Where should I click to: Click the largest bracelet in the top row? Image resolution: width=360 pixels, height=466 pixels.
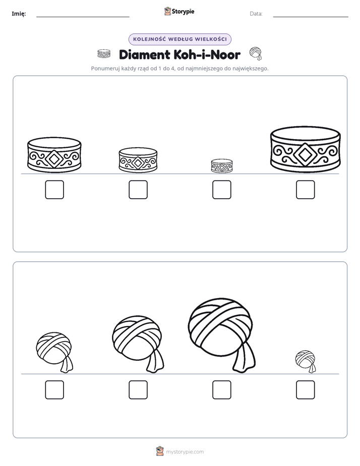[x=306, y=149]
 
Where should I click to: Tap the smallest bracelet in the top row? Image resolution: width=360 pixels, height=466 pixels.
[x=222, y=166]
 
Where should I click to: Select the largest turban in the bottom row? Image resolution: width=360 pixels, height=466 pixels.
[x=222, y=334]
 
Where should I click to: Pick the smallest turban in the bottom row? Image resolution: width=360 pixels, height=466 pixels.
[x=306, y=361]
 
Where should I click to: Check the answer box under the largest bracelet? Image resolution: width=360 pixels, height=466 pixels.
[x=306, y=190]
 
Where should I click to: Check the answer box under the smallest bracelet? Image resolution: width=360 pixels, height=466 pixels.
[x=222, y=190]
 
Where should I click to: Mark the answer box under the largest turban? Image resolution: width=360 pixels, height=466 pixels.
[x=222, y=390]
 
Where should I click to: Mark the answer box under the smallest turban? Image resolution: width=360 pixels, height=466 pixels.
[x=306, y=390]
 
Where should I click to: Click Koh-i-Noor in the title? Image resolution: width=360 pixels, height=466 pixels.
[x=207, y=54]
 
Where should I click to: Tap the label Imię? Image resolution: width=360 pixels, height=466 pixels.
[x=19, y=14]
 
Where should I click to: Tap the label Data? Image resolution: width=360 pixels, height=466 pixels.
[x=256, y=14]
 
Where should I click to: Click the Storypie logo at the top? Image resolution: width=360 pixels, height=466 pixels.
[x=179, y=11]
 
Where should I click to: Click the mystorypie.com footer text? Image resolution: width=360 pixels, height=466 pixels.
[x=185, y=452]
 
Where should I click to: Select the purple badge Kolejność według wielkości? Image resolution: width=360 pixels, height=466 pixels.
[x=180, y=39]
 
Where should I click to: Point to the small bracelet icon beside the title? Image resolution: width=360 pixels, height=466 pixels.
[x=104, y=54]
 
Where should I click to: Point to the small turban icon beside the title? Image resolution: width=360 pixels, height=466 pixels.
[x=256, y=53]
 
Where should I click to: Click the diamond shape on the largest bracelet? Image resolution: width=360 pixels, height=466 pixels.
[x=305, y=154]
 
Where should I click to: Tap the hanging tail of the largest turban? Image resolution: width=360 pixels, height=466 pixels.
[x=244, y=357]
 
